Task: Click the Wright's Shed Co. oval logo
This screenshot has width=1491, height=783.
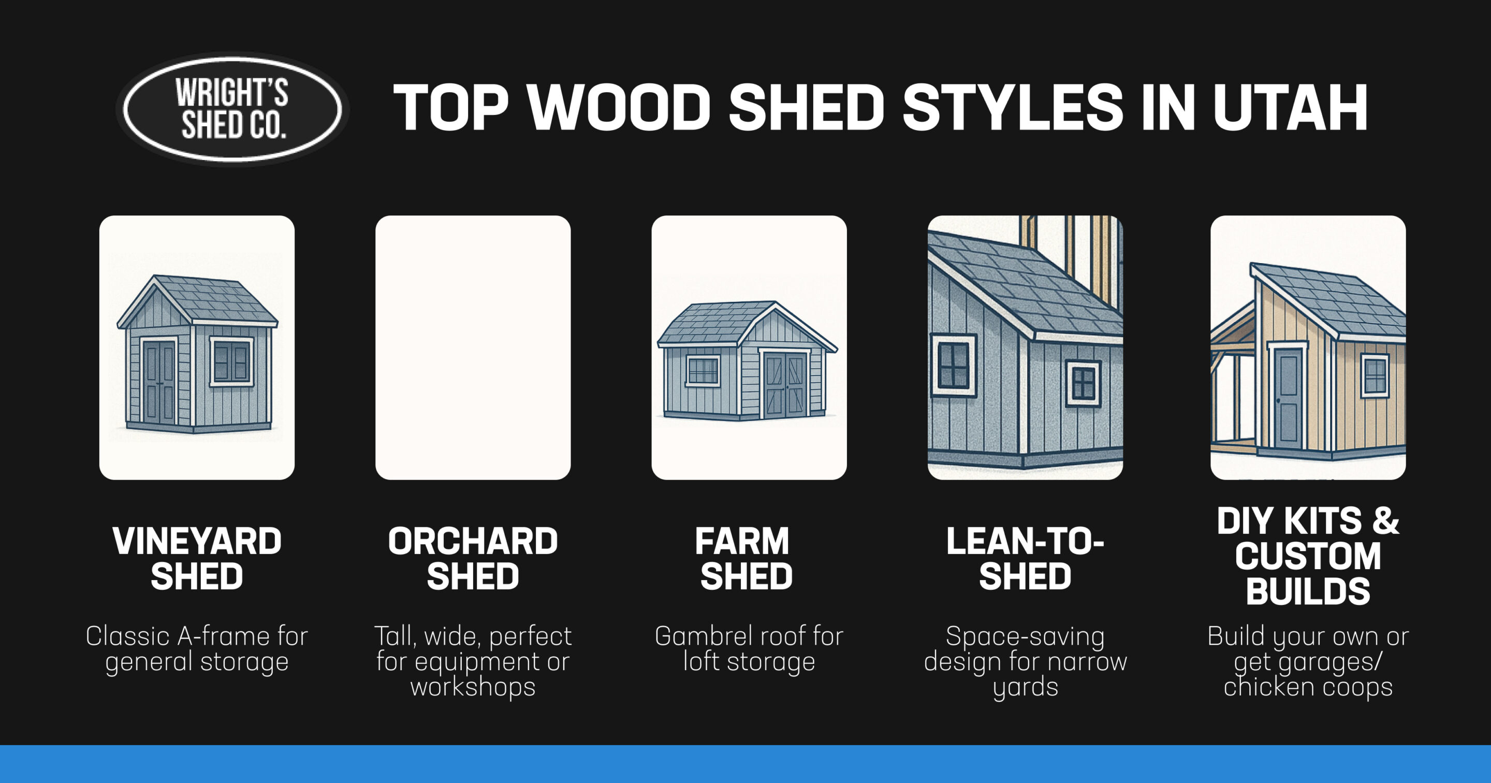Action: (x=232, y=109)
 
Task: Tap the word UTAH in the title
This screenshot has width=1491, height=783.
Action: (x=1290, y=108)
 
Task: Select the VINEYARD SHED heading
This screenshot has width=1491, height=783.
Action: (x=197, y=558)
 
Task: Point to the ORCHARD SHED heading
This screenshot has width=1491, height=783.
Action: (x=473, y=558)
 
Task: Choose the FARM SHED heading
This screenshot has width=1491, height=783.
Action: (x=745, y=558)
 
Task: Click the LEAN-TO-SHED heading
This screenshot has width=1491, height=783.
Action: (x=1025, y=558)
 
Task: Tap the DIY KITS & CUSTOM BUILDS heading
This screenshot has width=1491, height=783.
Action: (x=1308, y=556)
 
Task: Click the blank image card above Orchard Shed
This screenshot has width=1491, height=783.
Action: (x=473, y=347)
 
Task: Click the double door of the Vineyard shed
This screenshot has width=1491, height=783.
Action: (x=159, y=382)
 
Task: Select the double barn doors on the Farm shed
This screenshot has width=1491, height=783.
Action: (x=785, y=385)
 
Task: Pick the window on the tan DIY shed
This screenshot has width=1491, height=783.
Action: (x=1375, y=375)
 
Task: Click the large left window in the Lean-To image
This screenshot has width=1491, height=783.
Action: (x=953, y=365)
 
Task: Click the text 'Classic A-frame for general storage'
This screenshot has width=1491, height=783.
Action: (x=197, y=649)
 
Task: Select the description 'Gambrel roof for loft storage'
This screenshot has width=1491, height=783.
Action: (x=749, y=649)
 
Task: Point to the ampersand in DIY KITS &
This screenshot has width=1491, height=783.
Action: (x=1384, y=520)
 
